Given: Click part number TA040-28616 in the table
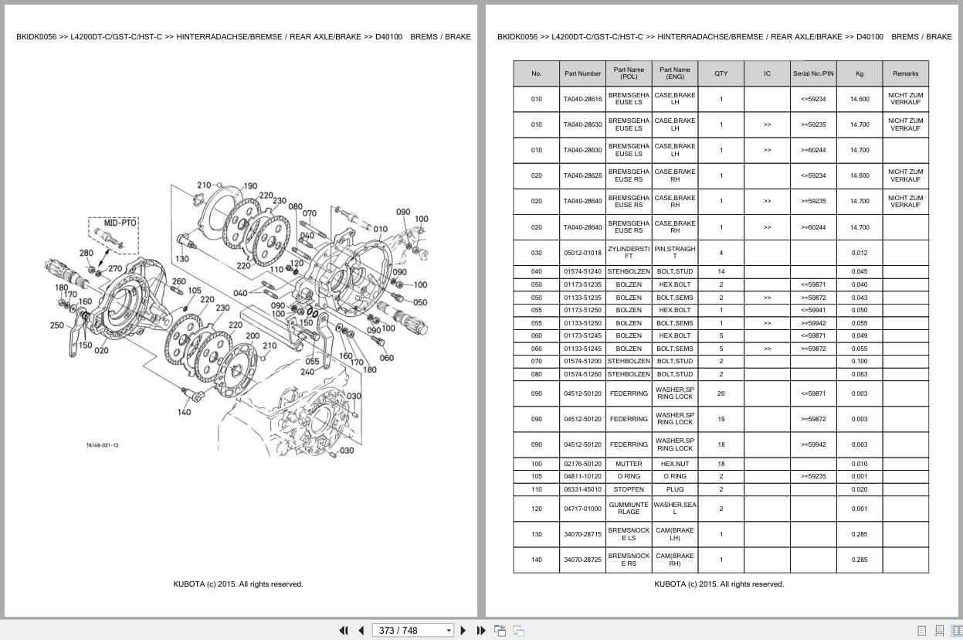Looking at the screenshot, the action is click(582, 99).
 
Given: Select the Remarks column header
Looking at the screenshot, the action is click(905, 73).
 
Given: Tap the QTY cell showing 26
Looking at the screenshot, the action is click(721, 393).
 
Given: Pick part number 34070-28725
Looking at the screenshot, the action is click(582, 560).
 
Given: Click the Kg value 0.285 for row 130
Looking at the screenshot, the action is click(860, 534).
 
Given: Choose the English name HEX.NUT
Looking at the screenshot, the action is click(674, 464).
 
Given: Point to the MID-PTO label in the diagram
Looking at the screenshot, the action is click(120, 223).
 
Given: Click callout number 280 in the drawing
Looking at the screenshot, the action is click(86, 253).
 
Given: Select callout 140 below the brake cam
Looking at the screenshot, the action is click(184, 412).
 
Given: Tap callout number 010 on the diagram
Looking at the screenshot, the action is click(380, 229).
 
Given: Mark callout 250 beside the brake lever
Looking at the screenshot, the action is click(56, 325).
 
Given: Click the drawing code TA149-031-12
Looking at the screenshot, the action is click(102, 445).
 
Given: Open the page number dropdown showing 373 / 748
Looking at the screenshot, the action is click(449, 631).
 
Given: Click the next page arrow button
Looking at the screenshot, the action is click(463, 631).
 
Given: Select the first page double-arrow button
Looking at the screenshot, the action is click(344, 631).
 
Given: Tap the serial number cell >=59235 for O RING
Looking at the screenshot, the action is click(813, 476).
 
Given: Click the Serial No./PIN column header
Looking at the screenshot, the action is click(813, 73).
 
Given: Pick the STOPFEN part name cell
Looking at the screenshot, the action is click(629, 489).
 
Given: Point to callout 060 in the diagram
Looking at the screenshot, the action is click(386, 358).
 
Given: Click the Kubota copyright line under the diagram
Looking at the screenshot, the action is click(238, 584).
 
